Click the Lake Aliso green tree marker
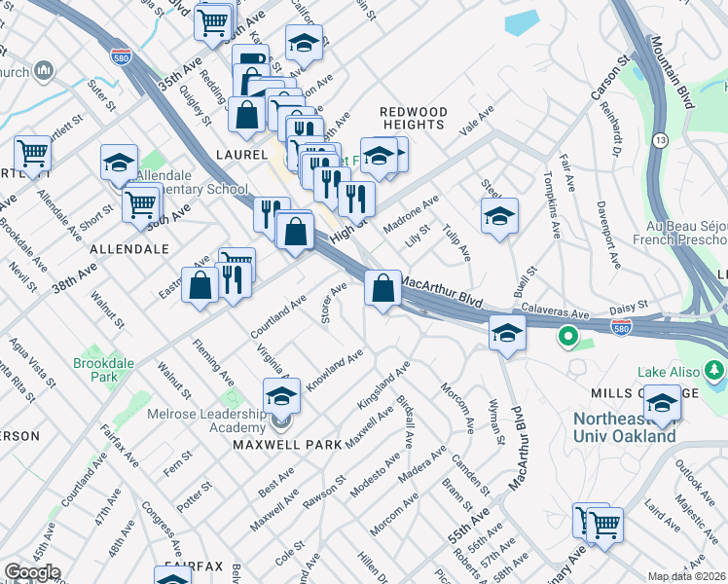[715, 371]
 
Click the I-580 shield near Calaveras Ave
[622, 327]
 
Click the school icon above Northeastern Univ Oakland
[662, 401]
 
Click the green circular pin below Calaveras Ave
[564, 339]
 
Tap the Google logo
[32, 572]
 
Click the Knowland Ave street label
[335, 369]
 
